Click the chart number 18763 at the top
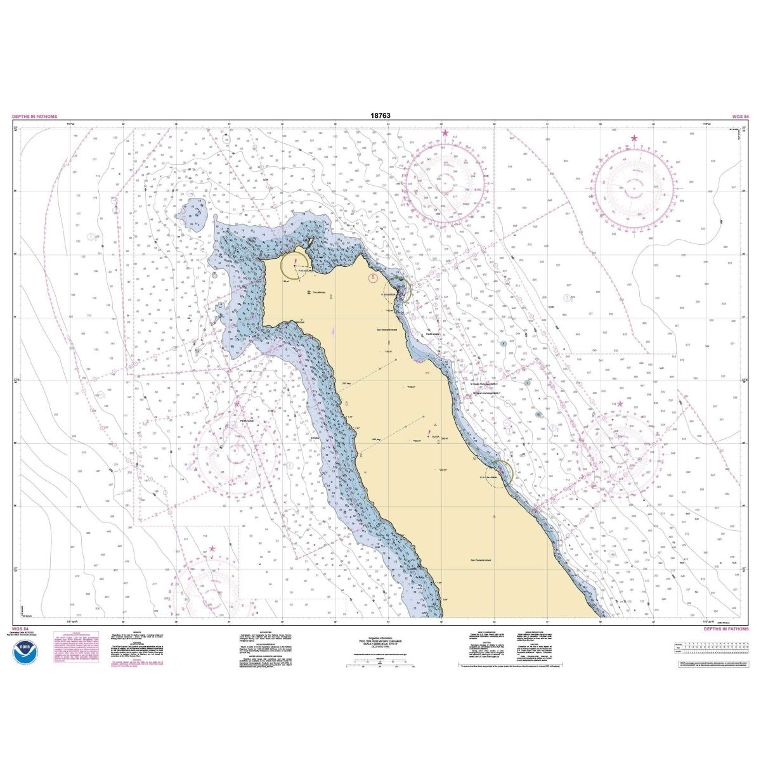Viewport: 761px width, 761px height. [380, 116]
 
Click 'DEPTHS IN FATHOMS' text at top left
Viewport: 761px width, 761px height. [34, 117]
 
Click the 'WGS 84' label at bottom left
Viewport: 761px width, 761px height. [20, 631]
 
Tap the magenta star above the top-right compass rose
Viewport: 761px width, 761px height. [634, 138]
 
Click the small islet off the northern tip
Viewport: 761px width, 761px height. [311, 242]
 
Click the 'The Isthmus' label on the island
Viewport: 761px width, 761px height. [318, 292]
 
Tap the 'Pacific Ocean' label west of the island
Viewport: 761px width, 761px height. [246, 419]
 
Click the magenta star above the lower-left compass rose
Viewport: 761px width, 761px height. [212, 549]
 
